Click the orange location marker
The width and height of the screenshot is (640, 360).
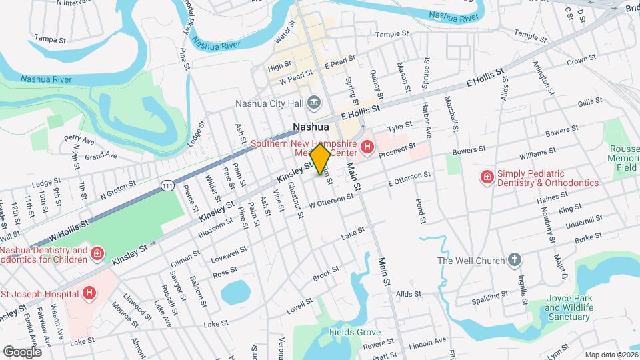pos(320,159)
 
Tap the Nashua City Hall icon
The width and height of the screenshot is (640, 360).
pos(315,103)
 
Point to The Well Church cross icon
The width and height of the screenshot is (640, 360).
pos(513,260)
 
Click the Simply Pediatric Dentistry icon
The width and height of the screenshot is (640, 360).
pos(487,177)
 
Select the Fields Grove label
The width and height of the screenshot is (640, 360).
pos(355,332)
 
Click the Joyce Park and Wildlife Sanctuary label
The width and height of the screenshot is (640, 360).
pos(569,308)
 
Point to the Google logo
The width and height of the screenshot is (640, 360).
pos(22,351)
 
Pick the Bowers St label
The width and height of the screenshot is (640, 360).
pos(560,132)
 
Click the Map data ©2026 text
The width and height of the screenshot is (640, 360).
pos(611,355)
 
